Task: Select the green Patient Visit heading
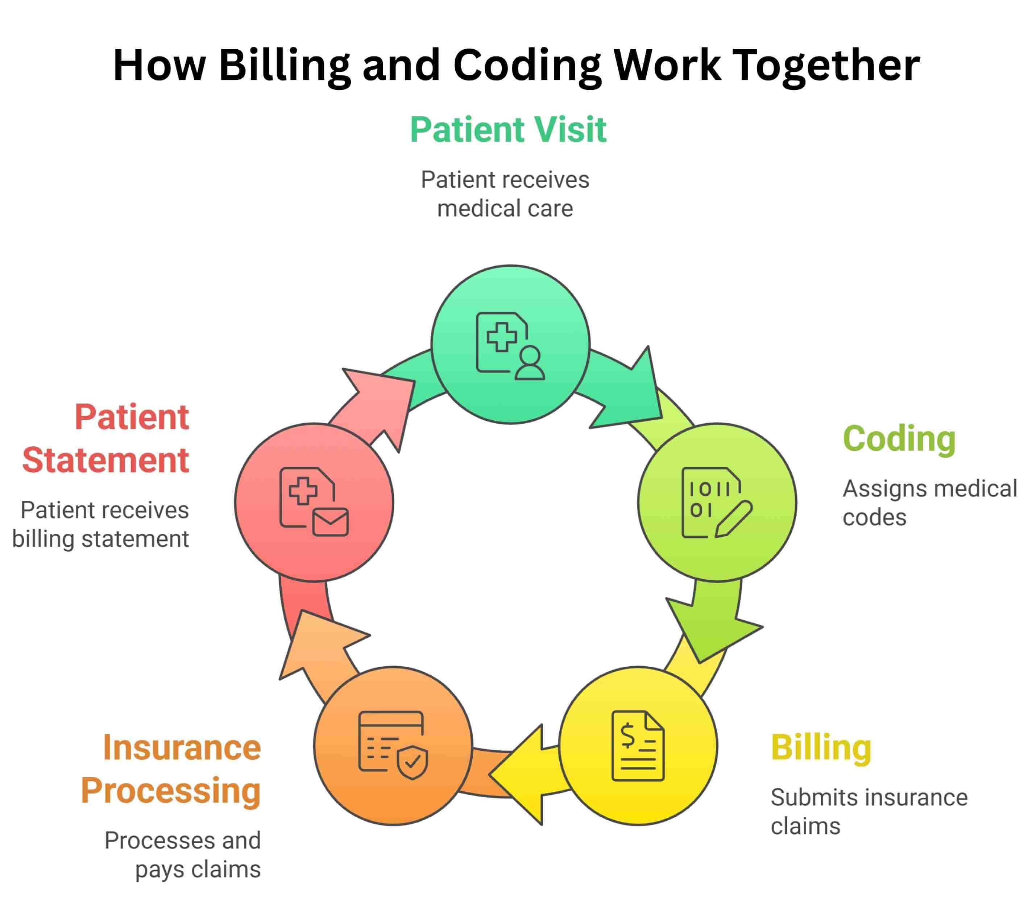508,130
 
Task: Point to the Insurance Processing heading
171,769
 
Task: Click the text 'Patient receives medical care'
505,194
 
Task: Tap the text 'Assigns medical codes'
929,503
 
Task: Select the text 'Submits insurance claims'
869,812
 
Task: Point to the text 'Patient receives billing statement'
100,524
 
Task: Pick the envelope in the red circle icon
330,522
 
